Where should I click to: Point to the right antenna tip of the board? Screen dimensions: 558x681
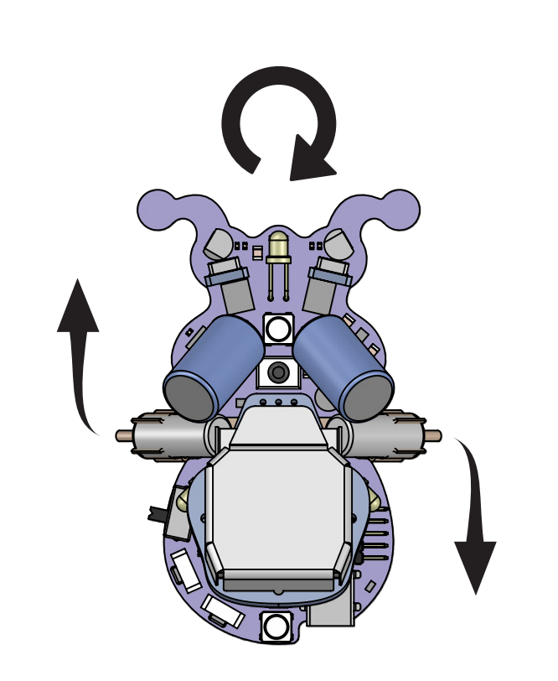404,205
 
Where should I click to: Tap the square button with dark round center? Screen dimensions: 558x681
278,372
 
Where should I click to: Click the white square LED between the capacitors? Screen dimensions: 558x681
278,328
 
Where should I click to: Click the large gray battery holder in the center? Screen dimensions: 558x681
278,512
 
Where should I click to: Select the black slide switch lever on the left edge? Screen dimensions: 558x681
157,513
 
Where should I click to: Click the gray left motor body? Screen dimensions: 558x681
168,435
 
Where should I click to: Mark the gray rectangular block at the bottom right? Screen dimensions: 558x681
331,612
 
